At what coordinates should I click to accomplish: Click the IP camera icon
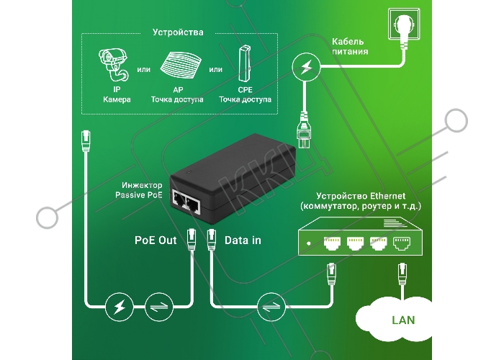[114, 65]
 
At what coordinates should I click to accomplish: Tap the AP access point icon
[180, 66]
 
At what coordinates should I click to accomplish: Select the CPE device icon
[244, 63]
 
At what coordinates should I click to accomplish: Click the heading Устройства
[178, 32]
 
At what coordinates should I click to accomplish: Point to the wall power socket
[404, 24]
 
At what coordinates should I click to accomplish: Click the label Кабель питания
[350, 46]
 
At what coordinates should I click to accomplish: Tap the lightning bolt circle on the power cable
[306, 67]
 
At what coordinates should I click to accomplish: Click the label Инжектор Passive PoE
[139, 190]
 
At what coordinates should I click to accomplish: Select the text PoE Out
[156, 240]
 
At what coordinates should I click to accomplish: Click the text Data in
[243, 240]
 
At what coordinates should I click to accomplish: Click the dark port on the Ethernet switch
[402, 243]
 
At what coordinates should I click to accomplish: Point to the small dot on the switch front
[309, 243]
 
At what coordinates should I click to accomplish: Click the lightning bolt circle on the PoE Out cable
[120, 307]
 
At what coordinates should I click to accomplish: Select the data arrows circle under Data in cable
[271, 307]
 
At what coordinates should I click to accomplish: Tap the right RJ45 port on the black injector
[193, 204]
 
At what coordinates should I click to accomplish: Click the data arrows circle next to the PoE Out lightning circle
[159, 307]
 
